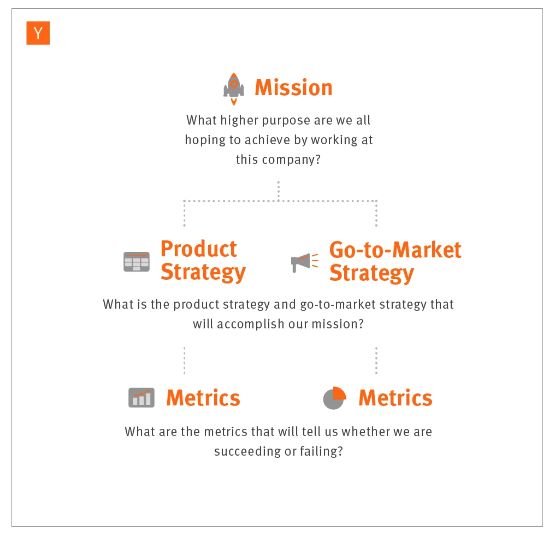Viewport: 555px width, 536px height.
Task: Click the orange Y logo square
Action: point(38,33)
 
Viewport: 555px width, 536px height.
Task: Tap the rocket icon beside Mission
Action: point(234,87)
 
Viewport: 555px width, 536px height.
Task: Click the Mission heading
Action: point(293,87)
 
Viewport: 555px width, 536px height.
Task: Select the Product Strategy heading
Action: point(203,261)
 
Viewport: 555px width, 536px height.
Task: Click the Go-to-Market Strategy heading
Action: point(395,261)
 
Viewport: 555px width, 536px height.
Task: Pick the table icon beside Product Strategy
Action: point(137,262)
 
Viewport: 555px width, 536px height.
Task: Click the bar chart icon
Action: point(141,398)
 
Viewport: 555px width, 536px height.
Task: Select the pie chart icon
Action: point(334,398)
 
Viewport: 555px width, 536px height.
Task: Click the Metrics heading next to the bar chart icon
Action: point(203,398)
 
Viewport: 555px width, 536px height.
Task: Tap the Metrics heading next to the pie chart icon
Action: point(395,398)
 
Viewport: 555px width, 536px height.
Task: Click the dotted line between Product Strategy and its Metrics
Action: point(184,360)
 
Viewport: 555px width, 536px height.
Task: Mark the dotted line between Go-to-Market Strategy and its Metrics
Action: point(376,360)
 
